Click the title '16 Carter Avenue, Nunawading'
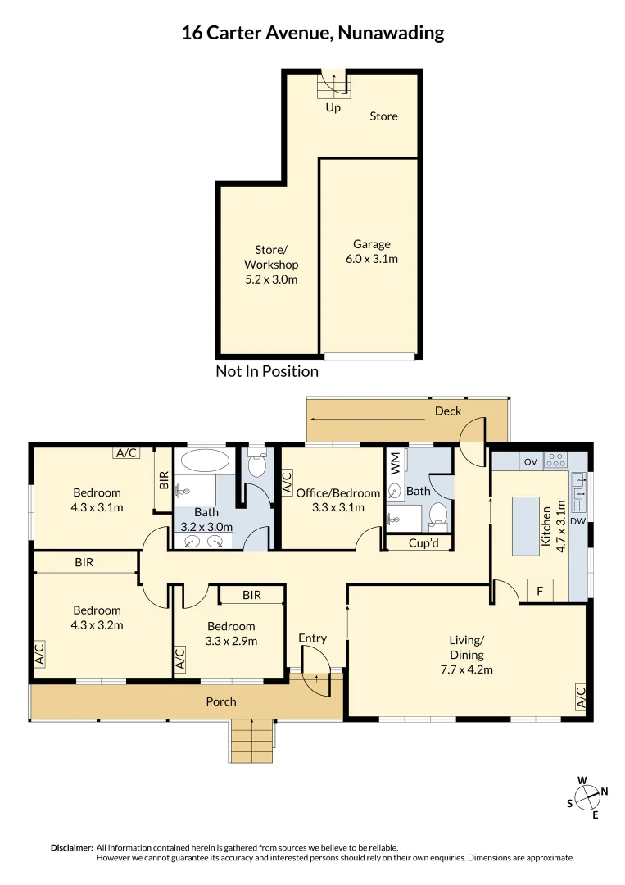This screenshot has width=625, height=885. [x=312, y=33]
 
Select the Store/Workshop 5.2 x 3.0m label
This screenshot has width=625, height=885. [x=271, y=264]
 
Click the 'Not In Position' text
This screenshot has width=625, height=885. [x=267, y=371]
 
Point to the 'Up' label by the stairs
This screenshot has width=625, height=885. [x=333, y=107]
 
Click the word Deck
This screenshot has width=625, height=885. [x=448, y=411]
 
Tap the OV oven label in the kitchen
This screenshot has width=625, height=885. [x=530, y=462]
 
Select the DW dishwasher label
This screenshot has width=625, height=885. [x=577, y=520]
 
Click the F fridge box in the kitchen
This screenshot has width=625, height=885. [x=540, y=591]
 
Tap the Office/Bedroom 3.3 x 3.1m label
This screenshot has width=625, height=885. [x=337, y=499]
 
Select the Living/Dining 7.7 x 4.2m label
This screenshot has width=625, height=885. [x=466, y=655]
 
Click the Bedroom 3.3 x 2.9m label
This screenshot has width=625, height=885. [x=231, y=633]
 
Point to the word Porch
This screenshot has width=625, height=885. [x=221, y=701]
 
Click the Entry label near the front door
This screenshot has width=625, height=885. [x=312, y=638]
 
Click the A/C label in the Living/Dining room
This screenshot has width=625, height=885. [x=581, y=697]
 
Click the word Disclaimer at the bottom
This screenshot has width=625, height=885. [x=71, y=847]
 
